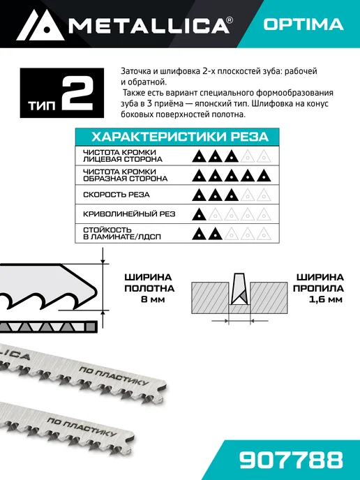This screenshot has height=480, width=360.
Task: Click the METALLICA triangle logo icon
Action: (40, 25)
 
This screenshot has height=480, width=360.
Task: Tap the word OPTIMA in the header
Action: (303, 24)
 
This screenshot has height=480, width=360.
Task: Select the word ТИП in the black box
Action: (43, 105)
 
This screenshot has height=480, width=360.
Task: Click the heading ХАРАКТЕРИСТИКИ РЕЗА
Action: (180, 137)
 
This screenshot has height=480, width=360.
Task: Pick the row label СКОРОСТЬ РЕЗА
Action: (117, 195)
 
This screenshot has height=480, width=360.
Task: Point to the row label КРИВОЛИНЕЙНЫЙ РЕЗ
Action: (129, 214)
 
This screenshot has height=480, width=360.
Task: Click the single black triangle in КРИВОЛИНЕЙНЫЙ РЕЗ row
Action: (199, 214)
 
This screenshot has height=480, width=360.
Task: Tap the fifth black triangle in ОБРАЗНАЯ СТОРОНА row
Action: (264, 176)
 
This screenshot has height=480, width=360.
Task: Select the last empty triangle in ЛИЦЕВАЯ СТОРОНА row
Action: (264, 156)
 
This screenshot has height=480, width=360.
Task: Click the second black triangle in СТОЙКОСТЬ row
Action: (215, 234)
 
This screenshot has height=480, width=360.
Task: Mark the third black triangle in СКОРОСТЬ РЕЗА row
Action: (232, 195)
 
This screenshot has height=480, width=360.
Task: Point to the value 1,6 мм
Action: (325, 299)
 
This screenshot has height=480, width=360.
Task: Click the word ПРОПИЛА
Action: (318, 288)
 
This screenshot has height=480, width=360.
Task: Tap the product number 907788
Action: (291, 460)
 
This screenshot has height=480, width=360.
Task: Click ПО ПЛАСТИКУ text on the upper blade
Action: (114, 376)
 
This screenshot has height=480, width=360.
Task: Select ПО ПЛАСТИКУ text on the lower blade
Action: (82, 427)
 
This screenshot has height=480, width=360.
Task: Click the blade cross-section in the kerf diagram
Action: (239, 288)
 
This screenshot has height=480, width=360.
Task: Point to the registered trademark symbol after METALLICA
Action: (230, 20)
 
